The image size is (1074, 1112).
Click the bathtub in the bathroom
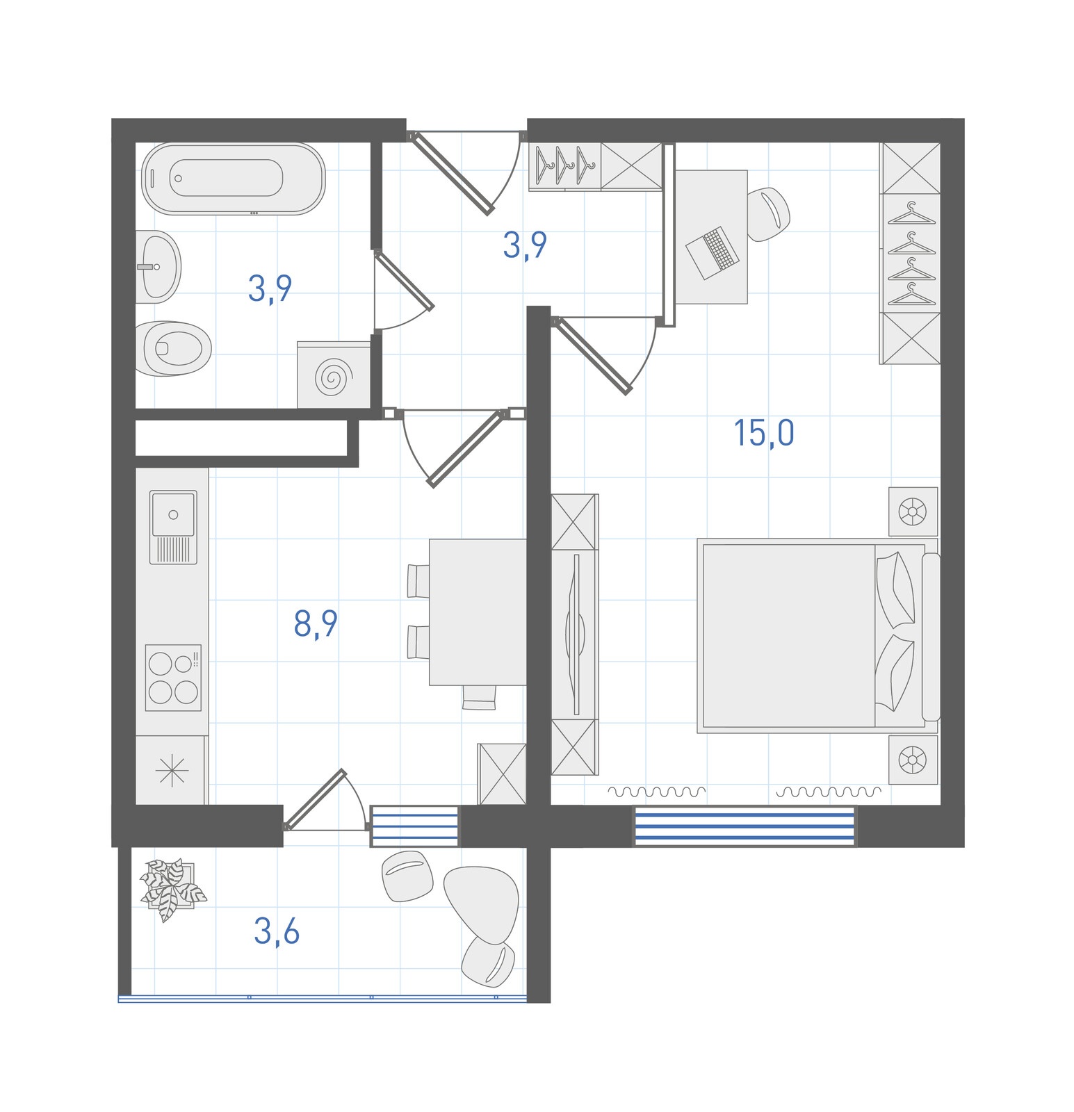tap(233, 179)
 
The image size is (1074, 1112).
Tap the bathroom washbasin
tap(158, 267)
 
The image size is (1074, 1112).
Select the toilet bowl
tap(173, 348)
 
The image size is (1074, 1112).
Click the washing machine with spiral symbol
tap(334, 375)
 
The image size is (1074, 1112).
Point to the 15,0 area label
tap(764, 433)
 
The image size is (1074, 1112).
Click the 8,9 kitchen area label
tap(316, 623)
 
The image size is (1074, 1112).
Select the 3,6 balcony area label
tap(277, 931)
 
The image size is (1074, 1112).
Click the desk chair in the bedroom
tap(769, 214)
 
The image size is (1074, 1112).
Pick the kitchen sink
tap(173, 527)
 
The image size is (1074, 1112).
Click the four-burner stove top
tap(173, 678)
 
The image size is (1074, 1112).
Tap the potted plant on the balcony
tap(172, 889)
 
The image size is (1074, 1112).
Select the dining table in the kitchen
tap(478, 612)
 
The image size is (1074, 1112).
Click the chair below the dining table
tap(480, 697)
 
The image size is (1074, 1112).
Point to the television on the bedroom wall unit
tap(574, 634)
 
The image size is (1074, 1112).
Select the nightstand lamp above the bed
tap(913, 512)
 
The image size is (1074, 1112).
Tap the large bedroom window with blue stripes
tap(745, 826)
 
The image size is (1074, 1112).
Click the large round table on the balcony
tap(482, 904)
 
